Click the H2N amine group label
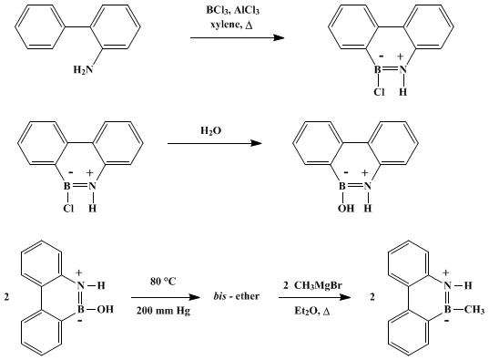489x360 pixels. [x=83, y=69]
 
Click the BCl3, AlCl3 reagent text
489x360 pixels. [x=232, y=10]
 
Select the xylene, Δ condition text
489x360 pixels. [x=231, y=25]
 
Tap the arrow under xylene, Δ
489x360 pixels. [x=238, y=37]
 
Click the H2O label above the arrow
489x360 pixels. [x=211, y=130]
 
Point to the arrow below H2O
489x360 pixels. [x=215, y=143]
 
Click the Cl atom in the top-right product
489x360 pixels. [x=379, y=92]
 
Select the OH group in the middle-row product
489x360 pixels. [x=346, y=208]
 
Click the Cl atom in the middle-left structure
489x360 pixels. [x=68, y=208]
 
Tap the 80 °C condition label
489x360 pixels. [x=163, y=282]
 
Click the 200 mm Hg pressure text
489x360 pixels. [x=163, y=312]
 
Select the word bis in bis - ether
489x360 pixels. [x=219, y=295]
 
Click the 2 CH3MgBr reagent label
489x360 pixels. [x=312, y=285]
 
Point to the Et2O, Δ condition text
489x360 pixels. [x=312, y=312]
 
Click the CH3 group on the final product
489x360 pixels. [x=474, y=310]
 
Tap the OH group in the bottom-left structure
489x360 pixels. [x=106, y=310]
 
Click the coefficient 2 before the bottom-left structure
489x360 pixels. [x=6, y=297]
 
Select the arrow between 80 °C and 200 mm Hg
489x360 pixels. [x=166, y=297]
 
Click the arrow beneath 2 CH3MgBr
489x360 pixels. [x=315, y=297]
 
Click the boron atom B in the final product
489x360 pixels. [x=447, y=310]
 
